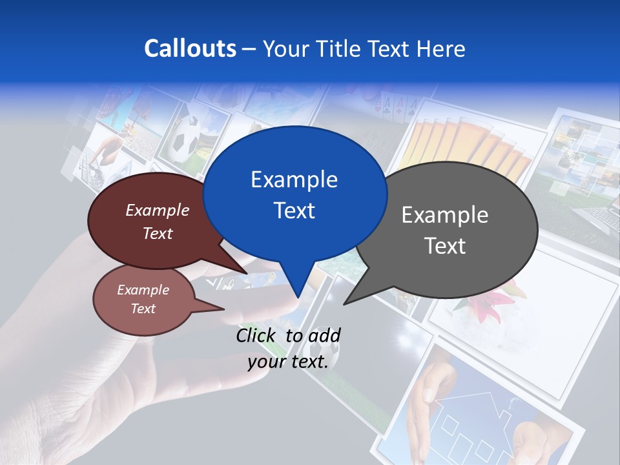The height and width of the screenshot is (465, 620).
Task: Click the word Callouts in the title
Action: pos(190,48)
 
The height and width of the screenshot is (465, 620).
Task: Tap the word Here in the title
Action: pos(441,48)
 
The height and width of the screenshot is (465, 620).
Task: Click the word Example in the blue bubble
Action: pos(294,180)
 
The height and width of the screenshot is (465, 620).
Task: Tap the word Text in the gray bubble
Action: pos(445,245)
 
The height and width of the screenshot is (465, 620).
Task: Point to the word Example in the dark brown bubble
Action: pos(157,210)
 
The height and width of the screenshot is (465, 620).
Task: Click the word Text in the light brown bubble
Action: pos(143,309)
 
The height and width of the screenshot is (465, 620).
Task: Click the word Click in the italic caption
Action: pos(257,335)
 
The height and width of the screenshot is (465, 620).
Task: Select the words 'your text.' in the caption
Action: pos(288,362)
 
